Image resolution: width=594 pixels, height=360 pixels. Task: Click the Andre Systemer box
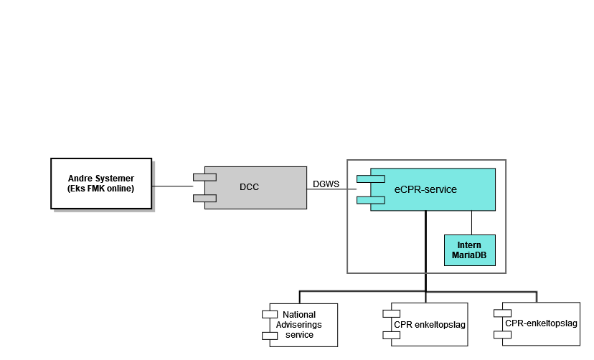point(101,183)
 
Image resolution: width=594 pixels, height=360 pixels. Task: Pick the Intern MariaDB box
point(469,250)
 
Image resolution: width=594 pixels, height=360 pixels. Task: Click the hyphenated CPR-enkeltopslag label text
point(541,323)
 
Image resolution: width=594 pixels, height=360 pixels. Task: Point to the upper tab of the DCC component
point(204,176)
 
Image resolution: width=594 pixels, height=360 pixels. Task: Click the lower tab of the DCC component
point(204,198)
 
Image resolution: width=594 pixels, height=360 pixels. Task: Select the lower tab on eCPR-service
point(372,199)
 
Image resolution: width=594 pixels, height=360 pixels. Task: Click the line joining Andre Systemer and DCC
point(173,186)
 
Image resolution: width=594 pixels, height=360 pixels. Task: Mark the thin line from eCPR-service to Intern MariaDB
point(471,222)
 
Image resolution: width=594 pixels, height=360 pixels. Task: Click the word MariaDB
point(469,255)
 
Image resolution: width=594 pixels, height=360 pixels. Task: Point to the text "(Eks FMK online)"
point(101,189)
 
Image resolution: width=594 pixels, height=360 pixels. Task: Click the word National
point(299,315)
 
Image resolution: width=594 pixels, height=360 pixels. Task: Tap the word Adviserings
point(299,325)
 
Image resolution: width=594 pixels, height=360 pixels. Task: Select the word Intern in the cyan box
point(469,245)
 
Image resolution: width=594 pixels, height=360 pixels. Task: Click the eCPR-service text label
point(425,189)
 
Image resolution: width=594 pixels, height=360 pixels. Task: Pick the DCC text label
point(249,187)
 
